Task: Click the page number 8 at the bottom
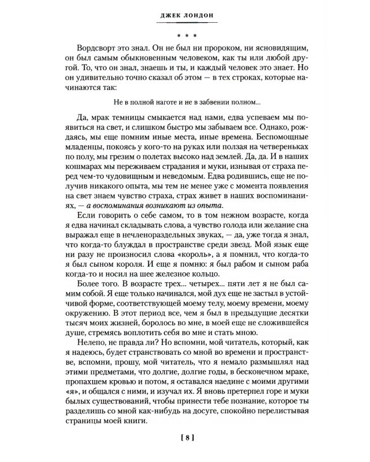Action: click(184, 439)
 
